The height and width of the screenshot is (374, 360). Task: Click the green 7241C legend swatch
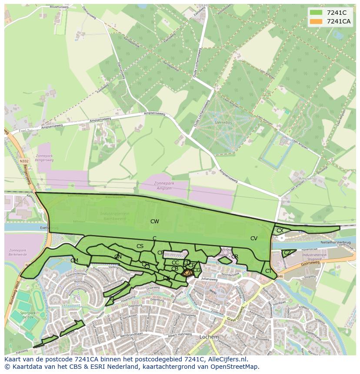(x=317, y=13)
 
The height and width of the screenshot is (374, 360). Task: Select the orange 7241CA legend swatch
(x=317, y=21)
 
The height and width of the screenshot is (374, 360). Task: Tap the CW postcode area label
(x=154, y=222)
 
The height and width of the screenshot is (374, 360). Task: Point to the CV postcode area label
(x=254, y=238)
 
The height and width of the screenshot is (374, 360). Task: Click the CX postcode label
(x=280, y=231)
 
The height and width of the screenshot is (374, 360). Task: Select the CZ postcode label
(x=287, y=253)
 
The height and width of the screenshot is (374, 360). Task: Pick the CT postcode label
(x=268, y=271)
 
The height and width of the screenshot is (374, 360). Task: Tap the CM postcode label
(x=74, y=261)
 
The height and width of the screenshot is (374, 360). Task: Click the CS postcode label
(x=140, y=246)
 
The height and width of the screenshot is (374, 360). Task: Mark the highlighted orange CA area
(x=187, y=273)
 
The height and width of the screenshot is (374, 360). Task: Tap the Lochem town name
(x=209, y=337)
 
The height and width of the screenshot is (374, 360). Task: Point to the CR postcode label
(x=235, y=257)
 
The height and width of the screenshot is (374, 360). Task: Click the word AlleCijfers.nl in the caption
(x=227, y=359)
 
